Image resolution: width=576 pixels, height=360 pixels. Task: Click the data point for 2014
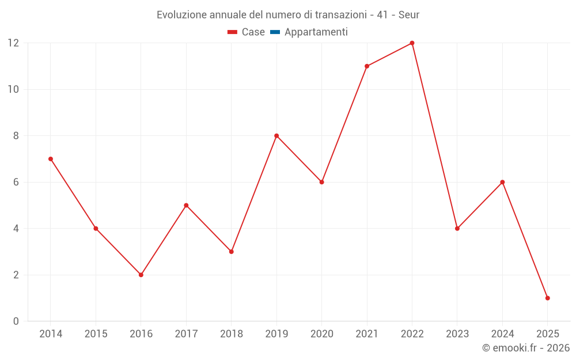coord(51,159)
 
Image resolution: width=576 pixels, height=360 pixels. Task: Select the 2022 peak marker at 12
coord(412,43)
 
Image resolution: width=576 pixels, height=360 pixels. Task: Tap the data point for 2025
coord(547,298)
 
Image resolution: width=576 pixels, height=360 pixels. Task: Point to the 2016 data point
coord(141,275)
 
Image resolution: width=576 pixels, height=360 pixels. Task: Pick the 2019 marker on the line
coord(276,136)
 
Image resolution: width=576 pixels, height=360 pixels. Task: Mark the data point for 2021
coord(367,66)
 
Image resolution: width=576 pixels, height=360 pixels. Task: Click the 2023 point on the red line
coord(457,229)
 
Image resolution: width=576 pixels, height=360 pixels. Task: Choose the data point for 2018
coord(231,252)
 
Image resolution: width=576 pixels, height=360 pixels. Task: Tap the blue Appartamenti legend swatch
coord(275,32)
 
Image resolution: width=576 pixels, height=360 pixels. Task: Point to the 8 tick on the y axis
coord(15,136)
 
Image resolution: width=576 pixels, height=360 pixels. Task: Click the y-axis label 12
coord(13,43)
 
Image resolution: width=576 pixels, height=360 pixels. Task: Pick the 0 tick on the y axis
coord(16,321)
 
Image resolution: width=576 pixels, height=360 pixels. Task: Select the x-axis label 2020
coord(321,334)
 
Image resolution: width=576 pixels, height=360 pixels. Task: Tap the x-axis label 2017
coord(186,334)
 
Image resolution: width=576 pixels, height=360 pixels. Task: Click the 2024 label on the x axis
coord(502,334)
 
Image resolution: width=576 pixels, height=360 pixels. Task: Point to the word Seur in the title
coord(408,14)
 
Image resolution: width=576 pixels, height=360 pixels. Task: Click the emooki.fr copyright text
coord(525,348)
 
